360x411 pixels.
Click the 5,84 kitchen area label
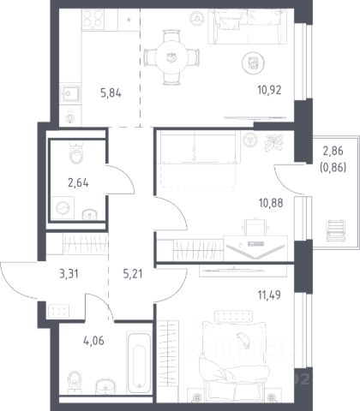(111, 93)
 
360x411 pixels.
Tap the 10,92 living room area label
(269, 90)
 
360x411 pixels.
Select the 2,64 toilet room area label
(78, 182)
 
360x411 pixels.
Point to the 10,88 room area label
(271, 203)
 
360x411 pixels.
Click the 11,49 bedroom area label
(269, 295)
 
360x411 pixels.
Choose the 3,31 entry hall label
(69, 274)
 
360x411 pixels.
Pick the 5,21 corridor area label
(133, 274)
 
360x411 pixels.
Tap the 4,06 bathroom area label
(93, 341)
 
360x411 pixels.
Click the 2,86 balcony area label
(333, 151)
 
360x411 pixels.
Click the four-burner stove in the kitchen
(93, 19)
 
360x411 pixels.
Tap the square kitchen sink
(70, 93)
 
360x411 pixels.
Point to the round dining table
(171, 57)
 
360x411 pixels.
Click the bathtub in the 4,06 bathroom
(139, 362)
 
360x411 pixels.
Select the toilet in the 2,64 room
(76, 153)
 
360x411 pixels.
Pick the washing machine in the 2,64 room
(63, 208)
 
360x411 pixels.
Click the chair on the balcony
(336, 230)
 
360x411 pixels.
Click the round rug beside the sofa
(253, 63)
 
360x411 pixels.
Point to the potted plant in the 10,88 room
(273, 142)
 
